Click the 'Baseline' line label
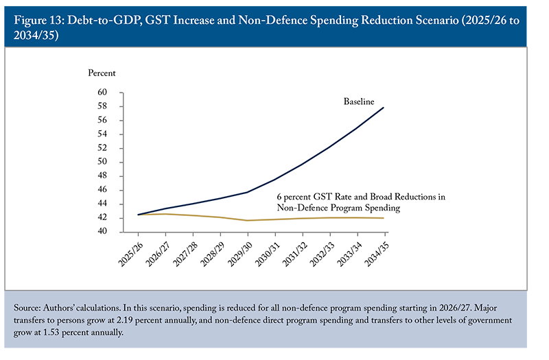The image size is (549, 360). [359, 101]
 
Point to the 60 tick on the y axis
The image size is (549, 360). [102, 93]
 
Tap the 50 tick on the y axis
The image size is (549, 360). [102, 162]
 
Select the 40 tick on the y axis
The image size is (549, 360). [102, 232]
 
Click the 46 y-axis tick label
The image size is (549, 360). [102, 190]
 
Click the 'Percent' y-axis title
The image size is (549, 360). [102, 73]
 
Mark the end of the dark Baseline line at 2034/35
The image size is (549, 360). [384, 107]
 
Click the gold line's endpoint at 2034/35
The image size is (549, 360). [384, 218]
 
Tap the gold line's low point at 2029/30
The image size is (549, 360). [248, 220]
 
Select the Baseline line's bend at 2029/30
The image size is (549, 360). [248, 192]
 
